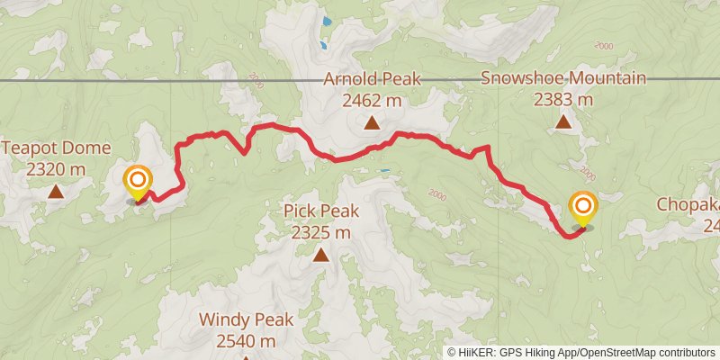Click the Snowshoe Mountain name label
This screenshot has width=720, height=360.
563,78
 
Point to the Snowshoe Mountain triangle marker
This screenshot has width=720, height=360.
563,121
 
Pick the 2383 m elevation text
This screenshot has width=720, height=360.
563,99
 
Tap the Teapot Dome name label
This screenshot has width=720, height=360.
57,148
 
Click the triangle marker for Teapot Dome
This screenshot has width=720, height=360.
57,191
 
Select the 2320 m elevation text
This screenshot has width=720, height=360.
57,168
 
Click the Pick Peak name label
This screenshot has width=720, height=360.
321,211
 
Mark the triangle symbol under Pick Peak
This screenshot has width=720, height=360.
321,255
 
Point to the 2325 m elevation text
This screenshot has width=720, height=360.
321,232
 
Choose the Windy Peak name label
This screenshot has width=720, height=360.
246,319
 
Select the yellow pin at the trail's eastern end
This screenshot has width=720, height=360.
583,209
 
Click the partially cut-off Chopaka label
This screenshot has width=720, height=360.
689,204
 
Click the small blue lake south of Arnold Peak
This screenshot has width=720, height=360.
384,170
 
